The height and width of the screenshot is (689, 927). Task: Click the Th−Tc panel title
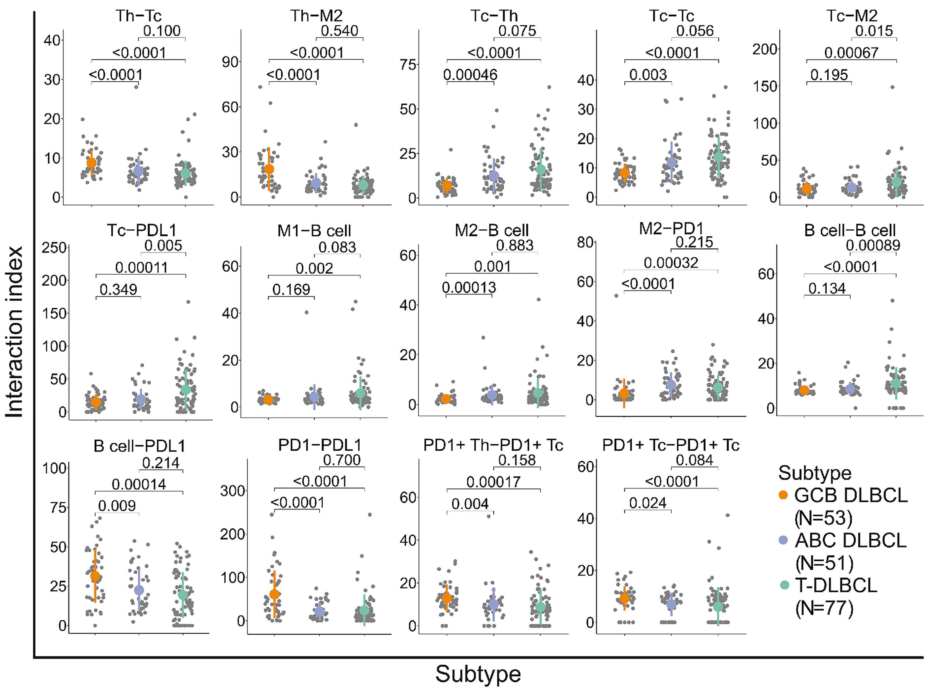click(138, 16)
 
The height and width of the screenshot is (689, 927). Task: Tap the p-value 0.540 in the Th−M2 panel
click(339, 31)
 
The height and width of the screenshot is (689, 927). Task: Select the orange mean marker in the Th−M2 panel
click(269, 169)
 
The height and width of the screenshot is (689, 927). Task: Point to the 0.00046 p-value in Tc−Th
click(471, 75)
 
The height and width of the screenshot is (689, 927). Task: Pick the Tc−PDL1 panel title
click(141, 230)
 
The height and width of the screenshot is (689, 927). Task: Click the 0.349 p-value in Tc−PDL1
click(118, 289)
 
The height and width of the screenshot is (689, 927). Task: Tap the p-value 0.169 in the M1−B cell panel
click(291, 289)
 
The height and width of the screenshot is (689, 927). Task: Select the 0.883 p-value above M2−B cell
click(515, 245)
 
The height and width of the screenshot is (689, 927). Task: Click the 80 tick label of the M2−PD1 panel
click(586, 242)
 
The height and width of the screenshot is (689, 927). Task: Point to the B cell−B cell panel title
click(850, 230)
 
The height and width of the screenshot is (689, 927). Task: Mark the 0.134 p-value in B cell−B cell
click(827, 288)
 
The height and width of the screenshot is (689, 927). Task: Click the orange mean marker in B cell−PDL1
click(95, 576)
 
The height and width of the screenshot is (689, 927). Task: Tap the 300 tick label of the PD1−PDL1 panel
click(233, 491)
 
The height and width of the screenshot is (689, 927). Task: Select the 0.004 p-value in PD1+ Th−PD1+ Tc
click(470, 504)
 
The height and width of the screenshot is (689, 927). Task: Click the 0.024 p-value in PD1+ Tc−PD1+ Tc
click(648, 503)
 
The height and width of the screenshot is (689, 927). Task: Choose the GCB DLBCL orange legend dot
click(783, 495)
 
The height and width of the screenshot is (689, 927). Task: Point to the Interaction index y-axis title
click(15, 331)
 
